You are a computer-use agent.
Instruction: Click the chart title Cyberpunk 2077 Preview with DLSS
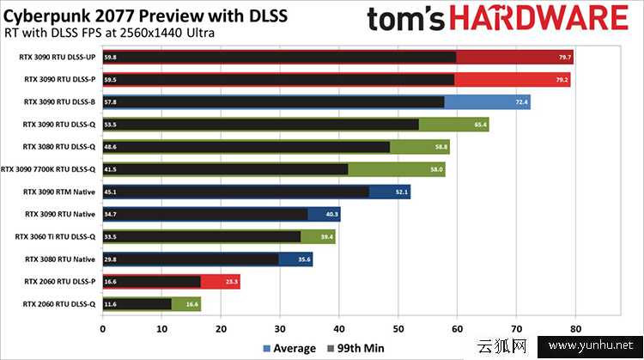click(146, 15)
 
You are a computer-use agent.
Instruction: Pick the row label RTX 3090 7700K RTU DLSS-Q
click(50, 169)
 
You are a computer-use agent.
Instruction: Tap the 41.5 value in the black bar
click(111, 169)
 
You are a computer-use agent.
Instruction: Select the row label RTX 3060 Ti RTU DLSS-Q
click(56, 236)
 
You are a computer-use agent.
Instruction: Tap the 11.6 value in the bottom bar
click(111, 303)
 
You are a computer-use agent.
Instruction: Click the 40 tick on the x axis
click(339, 327)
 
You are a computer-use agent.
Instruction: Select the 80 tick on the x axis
click(575, 327)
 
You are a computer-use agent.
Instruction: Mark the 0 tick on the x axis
click(103, 327)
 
